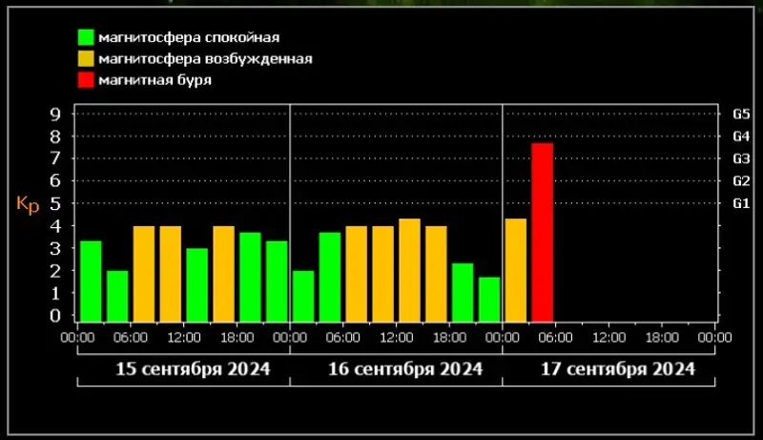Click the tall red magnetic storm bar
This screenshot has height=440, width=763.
pyautogui.click(x=543, y=232)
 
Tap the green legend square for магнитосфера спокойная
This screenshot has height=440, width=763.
pyautogui.click(x=86, y=38)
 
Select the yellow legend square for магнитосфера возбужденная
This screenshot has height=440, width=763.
pyautogui.click(x=86, y=59)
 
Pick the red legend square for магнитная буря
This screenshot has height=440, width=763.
pyautogui.click(x=86, y=80)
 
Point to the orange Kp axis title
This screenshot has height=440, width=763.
pyautogui.click(x=28, y=204)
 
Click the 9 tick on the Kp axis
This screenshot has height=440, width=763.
pyautogui.click(x=54, y=114)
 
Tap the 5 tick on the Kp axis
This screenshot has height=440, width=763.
pyautogui.click(x=54, y=203)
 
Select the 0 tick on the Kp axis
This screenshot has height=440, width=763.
pyautogui.click(x=54, y=316)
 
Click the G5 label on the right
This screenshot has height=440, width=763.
pyautogui.click(x=741, y=114)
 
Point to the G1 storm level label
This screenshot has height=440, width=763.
pyautogui.click(x=741, y=203)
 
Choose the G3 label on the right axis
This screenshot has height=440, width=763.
pyautogui.click(x=741, y=158)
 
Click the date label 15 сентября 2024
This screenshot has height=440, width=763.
pyautogui.click(x=193, y=368)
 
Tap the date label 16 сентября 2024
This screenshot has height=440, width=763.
pyautogui.click(x=406, y=368)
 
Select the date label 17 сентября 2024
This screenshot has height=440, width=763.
pyautogui.click(x=619, y=368)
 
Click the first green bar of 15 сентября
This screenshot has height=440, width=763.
pyautogui.click(x=91, y=282)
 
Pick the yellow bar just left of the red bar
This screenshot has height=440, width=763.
pyautogui.click(x=516, y=270)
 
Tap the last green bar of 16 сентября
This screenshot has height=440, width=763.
pyautogui.click(x=489, y=299)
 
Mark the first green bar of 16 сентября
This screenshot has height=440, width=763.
pyautogui.click(x=303, y=296)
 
